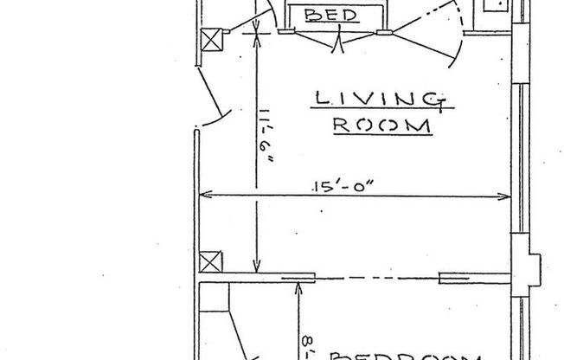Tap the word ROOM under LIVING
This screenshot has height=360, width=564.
pyautogui.click(x=381, y=125)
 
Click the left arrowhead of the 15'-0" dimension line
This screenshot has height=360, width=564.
pyautogui.click(x=206, y=195)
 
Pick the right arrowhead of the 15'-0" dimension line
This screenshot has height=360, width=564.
pyautogui.click(x=509, y=195)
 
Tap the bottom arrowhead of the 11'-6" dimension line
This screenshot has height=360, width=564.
pyautogui.click(x=256, y=269)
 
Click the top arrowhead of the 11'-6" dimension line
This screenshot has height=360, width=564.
pyautogui.click(x=256, y=34)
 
